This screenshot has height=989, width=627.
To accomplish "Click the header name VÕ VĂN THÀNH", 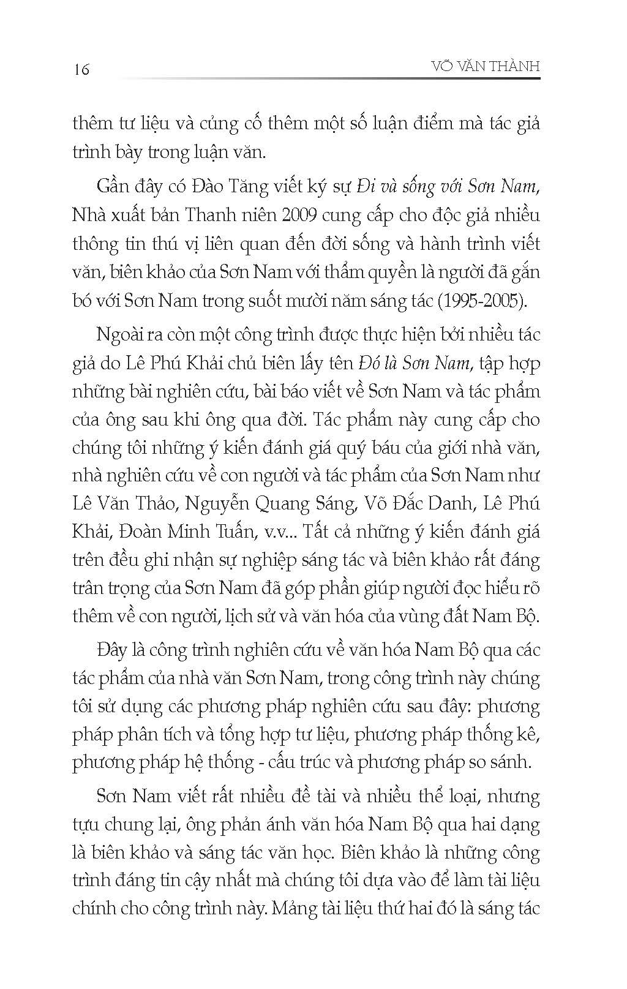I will point(485,66).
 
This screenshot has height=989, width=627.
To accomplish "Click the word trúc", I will point(319,762).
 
